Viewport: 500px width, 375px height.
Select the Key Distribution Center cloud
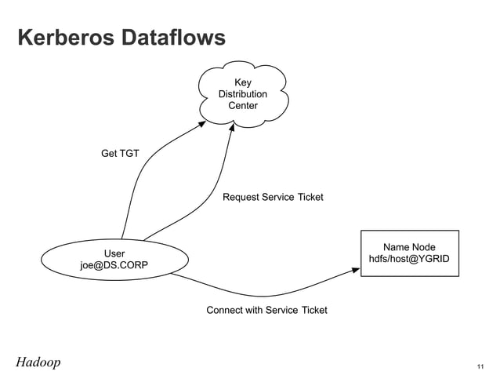click(242, 94)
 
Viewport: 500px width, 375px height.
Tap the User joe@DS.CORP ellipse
click(114, 260)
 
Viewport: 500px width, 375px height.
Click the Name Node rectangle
click(408, 253)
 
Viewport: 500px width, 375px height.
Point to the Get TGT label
click(120, 153)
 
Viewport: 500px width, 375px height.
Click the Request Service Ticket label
click(273, 197)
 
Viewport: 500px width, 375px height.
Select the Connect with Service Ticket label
click(266, 310)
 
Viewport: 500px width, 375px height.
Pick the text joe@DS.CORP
click(114, 266)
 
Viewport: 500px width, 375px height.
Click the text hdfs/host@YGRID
click(408, 259)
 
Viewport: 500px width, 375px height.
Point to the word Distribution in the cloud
click(242, 94)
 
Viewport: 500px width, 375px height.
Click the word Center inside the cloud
click(242, 106)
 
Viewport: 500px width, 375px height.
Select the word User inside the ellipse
click(114, 253)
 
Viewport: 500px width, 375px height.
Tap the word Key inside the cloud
click(242, 82)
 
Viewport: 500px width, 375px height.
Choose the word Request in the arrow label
click(241, 197)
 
